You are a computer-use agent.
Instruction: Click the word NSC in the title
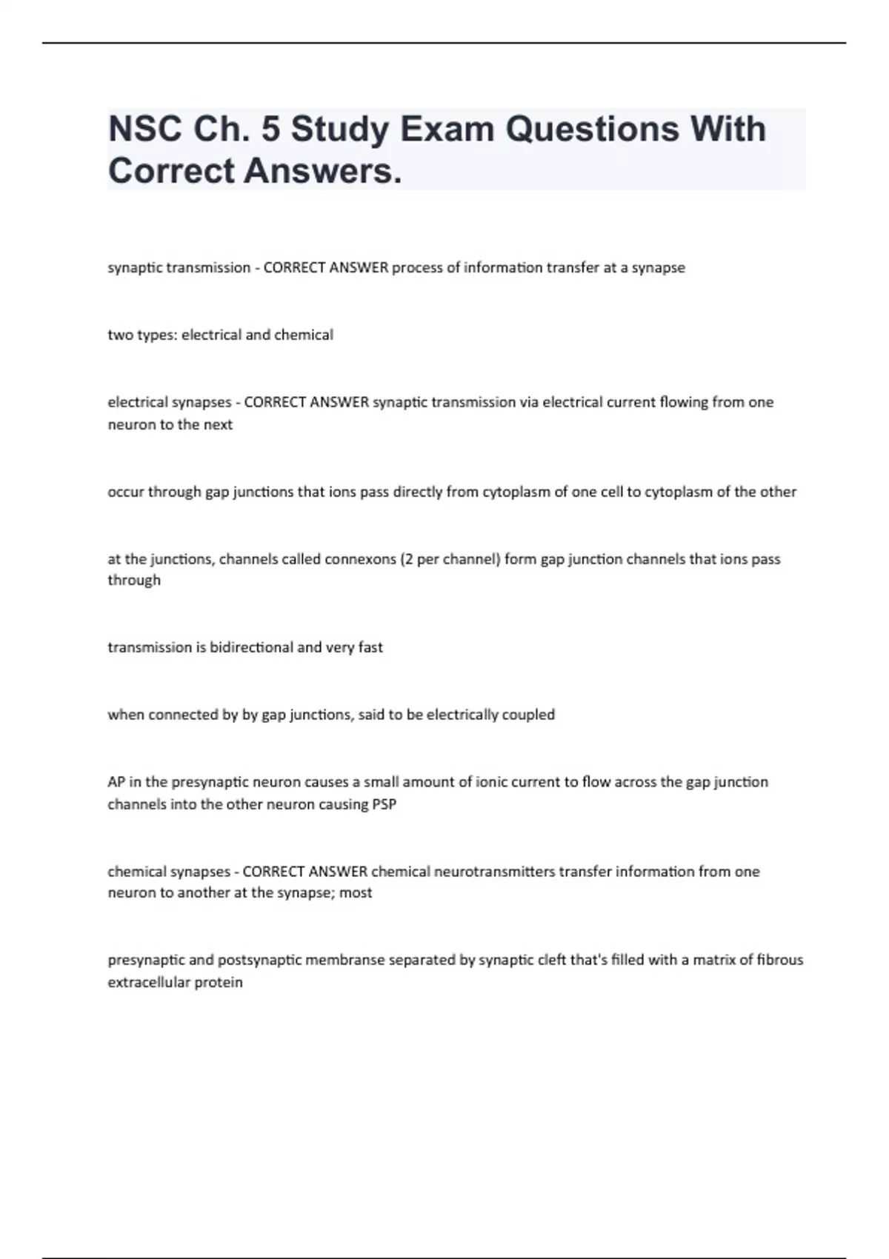[x=144, y=129]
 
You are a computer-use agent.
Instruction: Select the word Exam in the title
[x=447, y=129]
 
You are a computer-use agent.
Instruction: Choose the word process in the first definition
[x=416, y=268]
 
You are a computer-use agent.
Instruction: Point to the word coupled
[x=528, y=715]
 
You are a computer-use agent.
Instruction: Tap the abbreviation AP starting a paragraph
[x=116, y=782]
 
